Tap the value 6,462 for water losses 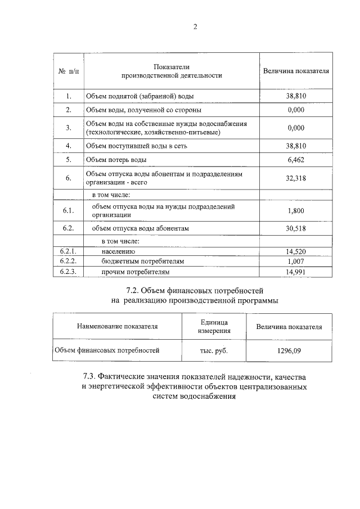coord(296,160)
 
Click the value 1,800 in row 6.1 coord(296,210)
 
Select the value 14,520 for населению coord(296,251)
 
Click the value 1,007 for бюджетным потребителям coord(296,262)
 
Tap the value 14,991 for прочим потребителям coord(296,272)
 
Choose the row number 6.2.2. coord(69,262)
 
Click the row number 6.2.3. coord(69,272)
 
